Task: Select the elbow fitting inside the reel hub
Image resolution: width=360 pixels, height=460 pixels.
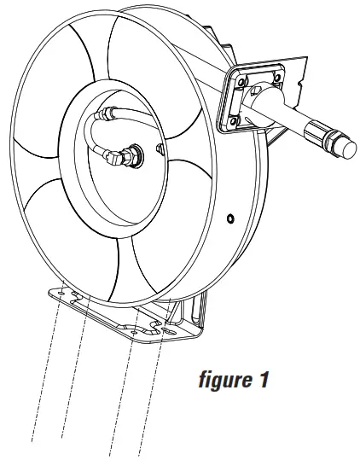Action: (x=129, y=155)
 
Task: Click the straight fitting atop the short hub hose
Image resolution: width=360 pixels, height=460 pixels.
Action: (x=107, y=112)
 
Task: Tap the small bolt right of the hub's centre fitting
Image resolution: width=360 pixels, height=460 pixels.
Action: (x=160, y=151)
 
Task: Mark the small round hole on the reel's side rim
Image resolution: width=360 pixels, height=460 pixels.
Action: (x=230, y=219)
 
